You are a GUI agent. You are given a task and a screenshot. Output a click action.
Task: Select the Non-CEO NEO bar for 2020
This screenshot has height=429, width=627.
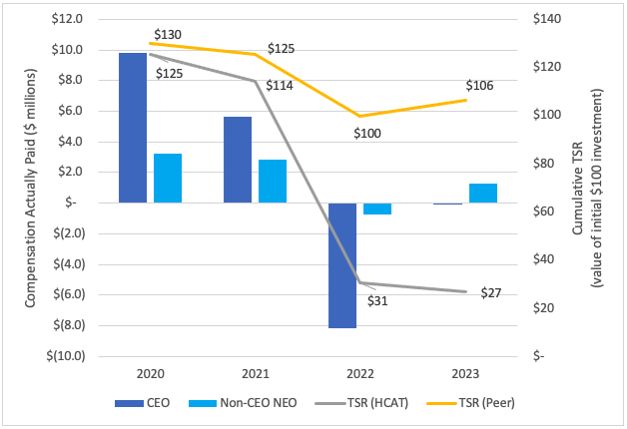(x=168, y=178)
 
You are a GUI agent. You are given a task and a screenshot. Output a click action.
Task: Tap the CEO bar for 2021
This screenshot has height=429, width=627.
(x=238, y=160)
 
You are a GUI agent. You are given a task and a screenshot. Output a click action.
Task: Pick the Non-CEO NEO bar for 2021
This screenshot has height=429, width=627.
(x=273, y=181)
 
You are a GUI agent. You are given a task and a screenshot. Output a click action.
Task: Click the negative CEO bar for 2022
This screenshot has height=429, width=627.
(x=342, y=264)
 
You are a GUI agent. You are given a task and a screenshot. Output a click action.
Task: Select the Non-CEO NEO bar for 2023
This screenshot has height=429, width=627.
(x=482, y=193)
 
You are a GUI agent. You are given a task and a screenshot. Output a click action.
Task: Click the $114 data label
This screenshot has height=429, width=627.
(x=280, y=86)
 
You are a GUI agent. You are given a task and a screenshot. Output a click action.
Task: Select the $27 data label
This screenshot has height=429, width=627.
(x=491, y=293)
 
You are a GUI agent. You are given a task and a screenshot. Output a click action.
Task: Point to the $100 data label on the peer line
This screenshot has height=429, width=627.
(x=368, y=133)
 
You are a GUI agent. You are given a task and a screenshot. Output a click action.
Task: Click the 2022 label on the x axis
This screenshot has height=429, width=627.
(x=359, y=373)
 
